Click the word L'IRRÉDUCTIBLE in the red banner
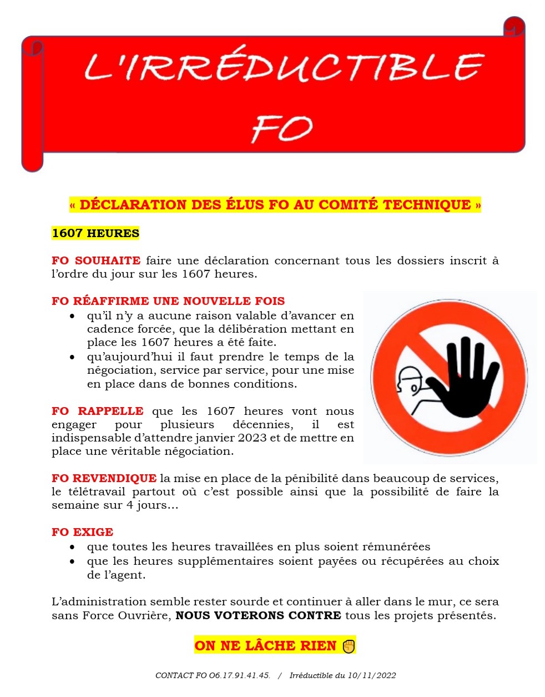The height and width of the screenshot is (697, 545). click(x=284, y=68)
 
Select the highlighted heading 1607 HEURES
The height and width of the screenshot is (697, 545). click(x=95, y=233)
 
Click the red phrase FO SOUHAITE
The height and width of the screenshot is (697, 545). click(x=96, y=260)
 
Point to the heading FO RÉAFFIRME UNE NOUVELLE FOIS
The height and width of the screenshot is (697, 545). click(x=168, y=301)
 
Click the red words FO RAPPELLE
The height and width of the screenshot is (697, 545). click(x=98, y=411)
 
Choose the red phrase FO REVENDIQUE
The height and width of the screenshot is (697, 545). click(x=104, y=478)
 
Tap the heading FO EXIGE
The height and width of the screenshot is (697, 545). click(x=82, y=532)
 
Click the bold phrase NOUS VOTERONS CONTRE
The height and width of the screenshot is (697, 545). click(x=258, y=615)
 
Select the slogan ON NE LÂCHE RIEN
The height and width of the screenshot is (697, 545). click(x=265, y=645)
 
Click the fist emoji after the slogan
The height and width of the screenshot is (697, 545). click(x=349, y=646)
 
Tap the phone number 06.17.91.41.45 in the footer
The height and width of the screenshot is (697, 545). click(x=239, y=675)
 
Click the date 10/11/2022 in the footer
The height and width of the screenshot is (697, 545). click(x=372, y=675)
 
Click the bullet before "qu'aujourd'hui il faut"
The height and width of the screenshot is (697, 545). click(x=72, y=357)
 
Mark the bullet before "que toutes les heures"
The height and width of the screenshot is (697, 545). click(x=72, y=547)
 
